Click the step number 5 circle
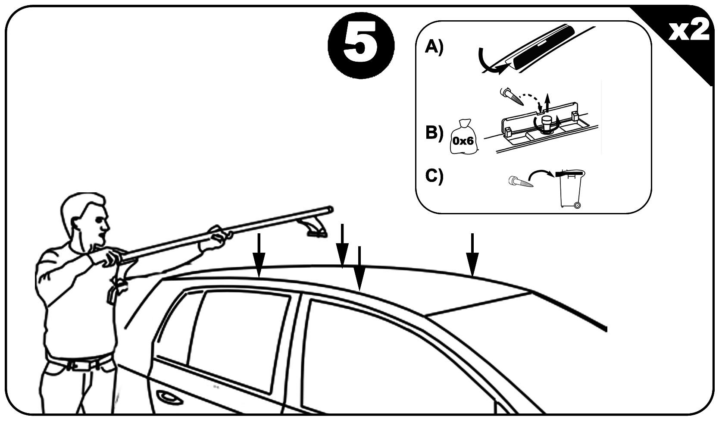click(x=361, y=45)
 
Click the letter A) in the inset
click(x=434, y=47)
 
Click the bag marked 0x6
click(x=464, y=138)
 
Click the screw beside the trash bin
click(x=521, y=182)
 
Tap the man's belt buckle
click(x=80, y=366)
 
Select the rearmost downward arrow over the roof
click(x=472, y=254)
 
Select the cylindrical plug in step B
click(x=548, y=125)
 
